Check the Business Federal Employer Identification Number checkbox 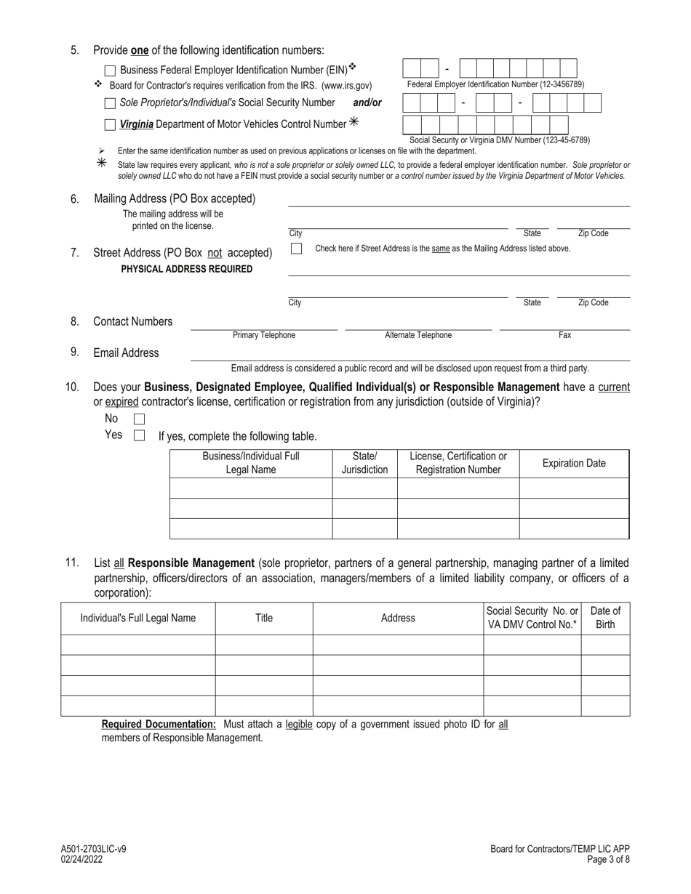point(110,71)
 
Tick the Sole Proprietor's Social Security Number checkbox point(110,103)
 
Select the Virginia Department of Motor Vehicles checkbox point(110,125)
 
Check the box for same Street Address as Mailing point(296,249)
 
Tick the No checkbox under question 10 point(139,419)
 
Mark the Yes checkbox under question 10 point(139,436)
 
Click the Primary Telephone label point(264,335)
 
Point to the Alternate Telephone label point(418,335)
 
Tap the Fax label point(564,335)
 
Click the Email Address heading point(126,353)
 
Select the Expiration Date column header point(574,464)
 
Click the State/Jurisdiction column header point(364,463)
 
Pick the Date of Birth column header point(605,618)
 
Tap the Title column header point(264,619)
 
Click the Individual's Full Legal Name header point(137,619)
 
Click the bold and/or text point(367,102)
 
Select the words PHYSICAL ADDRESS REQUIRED point(187,269)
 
